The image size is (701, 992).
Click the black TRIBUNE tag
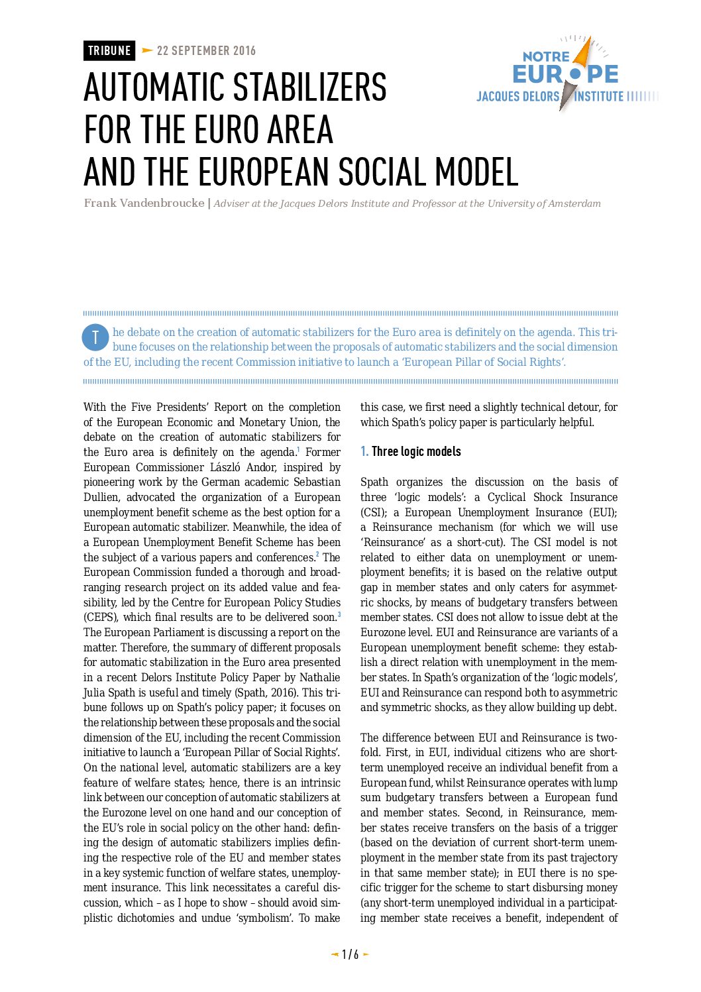click(x=109, y=50)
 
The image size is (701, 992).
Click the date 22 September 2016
click(x=206, y=50)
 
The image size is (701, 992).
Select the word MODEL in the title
click(x=476, y=172)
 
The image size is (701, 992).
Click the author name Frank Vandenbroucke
click(x=144, y=203)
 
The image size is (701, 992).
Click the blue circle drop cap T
click(x=95, y=338)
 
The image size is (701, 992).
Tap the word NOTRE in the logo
click(x=545, y=57)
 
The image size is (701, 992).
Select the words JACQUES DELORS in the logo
click(x=517, y=97)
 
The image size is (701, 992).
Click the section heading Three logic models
click(x=416, y=451)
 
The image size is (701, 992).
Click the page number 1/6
click(x=350, y=954)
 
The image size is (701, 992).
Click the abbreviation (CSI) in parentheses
click(x=372, y=512)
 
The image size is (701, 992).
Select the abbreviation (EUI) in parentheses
click(x=603, y=512)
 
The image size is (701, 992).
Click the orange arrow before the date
click(x=147, y=50)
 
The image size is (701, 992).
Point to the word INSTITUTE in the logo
click(x=599, y=97)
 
